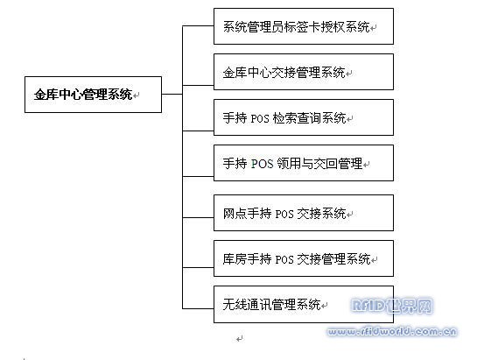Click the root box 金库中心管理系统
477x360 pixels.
(93, 95)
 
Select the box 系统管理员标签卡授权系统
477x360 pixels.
(304, 26)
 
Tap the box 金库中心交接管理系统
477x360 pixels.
(304, 72)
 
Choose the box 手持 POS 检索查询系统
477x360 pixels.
(304, 117)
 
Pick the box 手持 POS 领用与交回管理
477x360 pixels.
(304, 163)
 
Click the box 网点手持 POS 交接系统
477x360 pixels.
(304, 213)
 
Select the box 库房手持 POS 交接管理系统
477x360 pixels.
(304, 258)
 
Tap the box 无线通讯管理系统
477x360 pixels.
(304, 304)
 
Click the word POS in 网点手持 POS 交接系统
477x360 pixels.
(284, 214)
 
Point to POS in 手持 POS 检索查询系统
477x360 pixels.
(260, 118)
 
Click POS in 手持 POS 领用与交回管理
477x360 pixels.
(263, 164)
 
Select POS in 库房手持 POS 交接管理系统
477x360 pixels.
(284, 259)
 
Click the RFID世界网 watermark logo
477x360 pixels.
(391, 306)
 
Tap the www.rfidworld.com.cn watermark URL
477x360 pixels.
(392, 331)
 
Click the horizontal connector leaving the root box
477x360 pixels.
(172, 94)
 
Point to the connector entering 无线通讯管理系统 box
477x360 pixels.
(198, 308)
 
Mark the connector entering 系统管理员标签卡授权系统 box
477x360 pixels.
(198, 26)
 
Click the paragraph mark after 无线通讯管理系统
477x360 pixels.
(325, 305)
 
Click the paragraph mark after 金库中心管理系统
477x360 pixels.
(136, 95)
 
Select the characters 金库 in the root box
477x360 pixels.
(46, 95)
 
